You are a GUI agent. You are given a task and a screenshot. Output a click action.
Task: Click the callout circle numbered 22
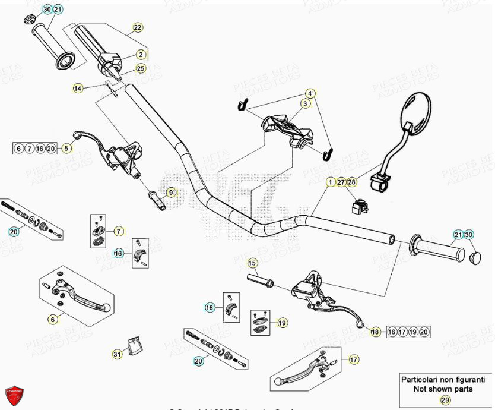(x=137, y=28)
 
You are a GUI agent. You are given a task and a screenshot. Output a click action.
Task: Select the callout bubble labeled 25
(x=140, y=68)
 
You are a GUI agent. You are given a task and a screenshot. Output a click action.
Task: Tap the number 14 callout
(x=78, y=88)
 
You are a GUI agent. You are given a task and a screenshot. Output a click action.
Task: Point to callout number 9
(x=171, y=192)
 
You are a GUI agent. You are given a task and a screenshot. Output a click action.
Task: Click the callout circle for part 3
(x=305, y=104)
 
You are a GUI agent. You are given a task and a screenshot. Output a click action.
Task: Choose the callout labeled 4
(x=309, y=93)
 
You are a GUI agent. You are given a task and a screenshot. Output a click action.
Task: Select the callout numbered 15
(x=252, y=263)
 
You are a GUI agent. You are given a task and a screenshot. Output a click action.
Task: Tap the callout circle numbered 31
(x=116, y=354)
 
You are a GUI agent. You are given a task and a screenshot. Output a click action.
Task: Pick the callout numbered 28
(x=351, y=182)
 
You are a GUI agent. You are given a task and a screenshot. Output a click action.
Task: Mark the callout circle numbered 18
(x=375, y=332)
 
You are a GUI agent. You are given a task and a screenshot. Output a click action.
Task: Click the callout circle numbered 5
(x=67, y=148)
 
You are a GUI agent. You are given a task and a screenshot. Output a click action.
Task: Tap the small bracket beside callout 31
(x=136, y=345)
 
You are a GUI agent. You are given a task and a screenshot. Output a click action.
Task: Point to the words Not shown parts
(x=445, y=389)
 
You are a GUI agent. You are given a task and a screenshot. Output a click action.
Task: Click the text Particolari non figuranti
(x=445, y=379)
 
